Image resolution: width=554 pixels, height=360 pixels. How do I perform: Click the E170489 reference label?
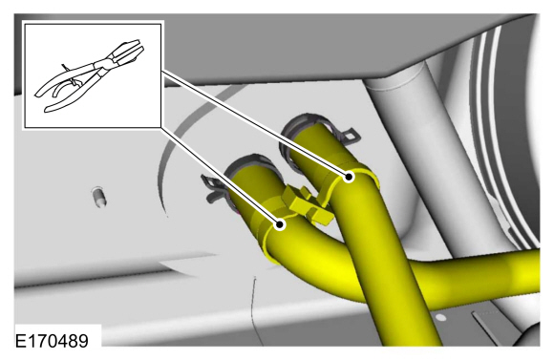[52, 341]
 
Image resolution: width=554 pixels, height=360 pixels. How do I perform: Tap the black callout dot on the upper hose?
[349, 177]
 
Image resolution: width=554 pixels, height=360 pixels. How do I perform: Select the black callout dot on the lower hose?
[280, 224]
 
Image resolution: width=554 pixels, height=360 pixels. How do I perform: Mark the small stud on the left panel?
[99, 197]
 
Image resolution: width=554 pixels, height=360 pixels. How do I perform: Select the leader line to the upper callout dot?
[255, 123]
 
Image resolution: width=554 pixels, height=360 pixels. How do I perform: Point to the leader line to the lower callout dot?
[220, 176]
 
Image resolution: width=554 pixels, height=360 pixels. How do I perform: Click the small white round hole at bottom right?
[440, 317]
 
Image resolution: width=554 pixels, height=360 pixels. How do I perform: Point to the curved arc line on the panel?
[177, 141]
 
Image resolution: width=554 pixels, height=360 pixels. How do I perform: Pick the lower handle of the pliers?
[71, 97]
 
